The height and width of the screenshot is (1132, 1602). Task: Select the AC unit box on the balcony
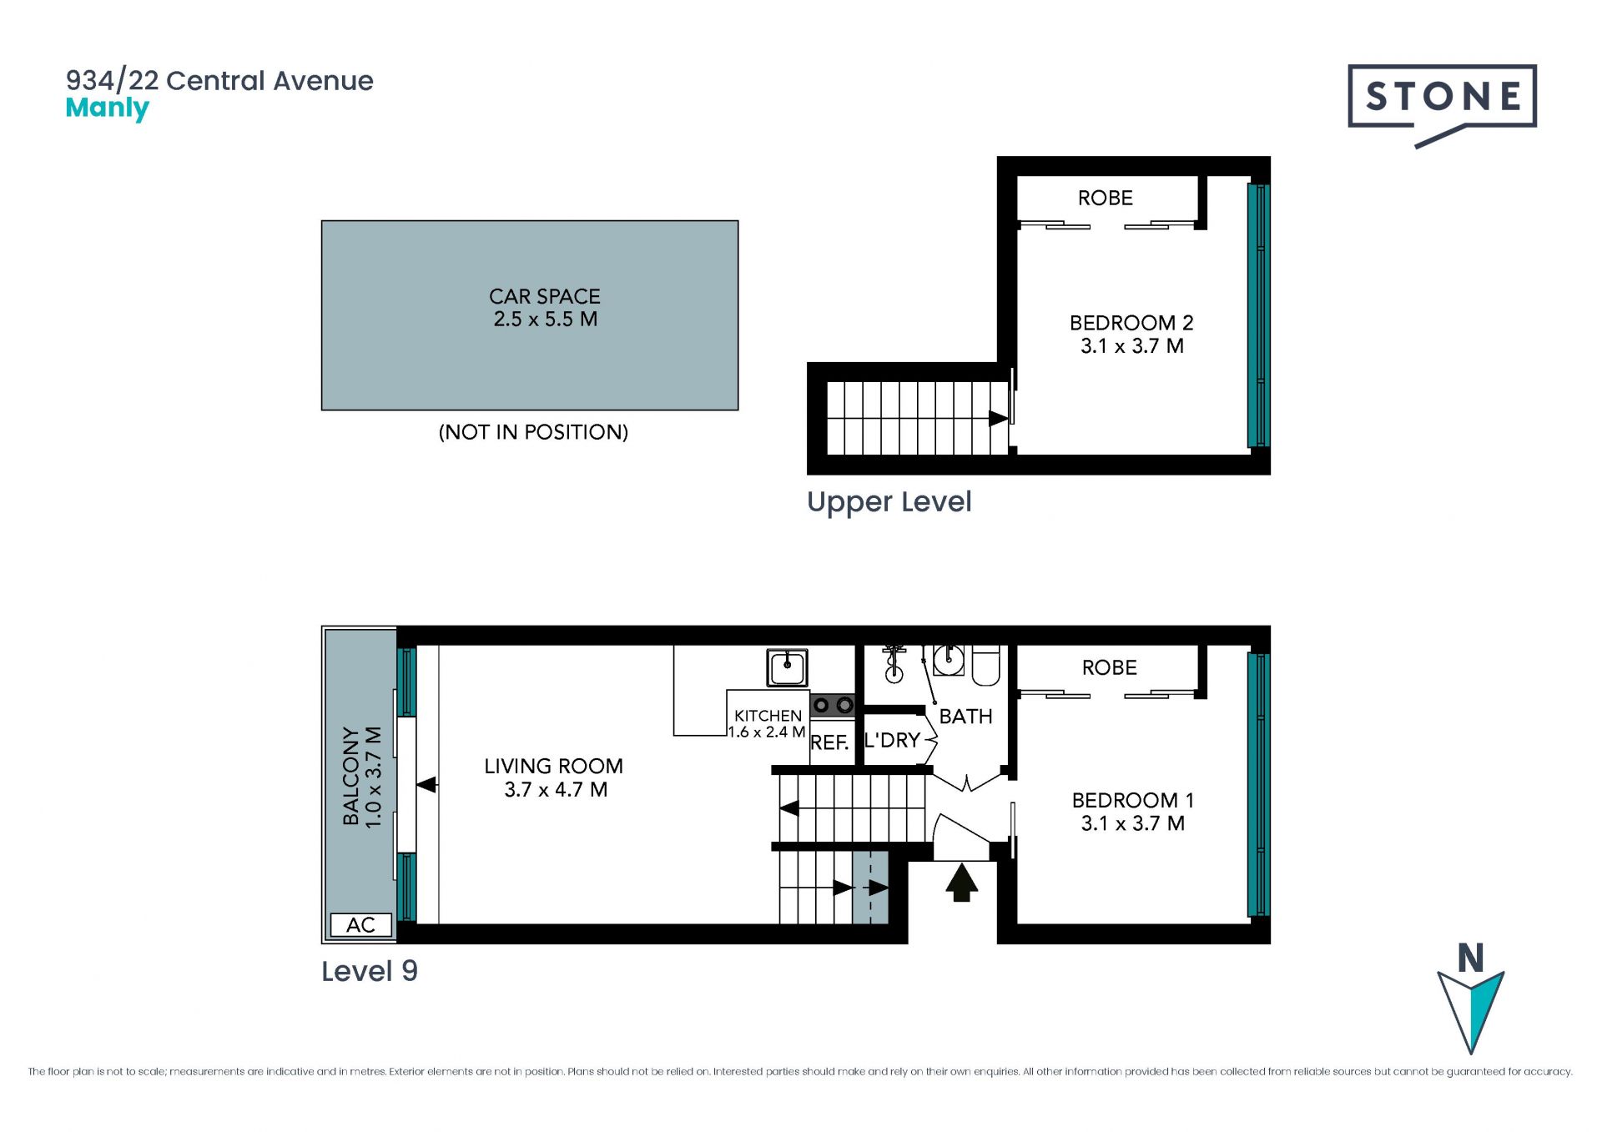[x=361, y=924]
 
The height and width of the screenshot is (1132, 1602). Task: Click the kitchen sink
[x=787, y=667]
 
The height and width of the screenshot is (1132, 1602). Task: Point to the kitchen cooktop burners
[x=833, y=706]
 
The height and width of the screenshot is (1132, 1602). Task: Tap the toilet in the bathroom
[x=985, y=665]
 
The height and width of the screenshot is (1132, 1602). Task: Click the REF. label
[x=829, y=742]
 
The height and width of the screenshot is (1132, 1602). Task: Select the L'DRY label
[x=892, y=740]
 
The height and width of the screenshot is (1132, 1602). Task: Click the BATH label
[x=965, y=717]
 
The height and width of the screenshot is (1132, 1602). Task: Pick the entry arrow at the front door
[x=961, y=883]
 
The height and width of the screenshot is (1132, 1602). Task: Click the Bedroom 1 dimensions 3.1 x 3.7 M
[x=1132, y=823]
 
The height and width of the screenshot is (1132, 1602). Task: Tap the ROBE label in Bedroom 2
[x=1106, y=198]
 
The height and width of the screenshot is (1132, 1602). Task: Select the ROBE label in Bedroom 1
[x=1110, y=667]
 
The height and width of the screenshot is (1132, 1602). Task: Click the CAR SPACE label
[x=545, y=296]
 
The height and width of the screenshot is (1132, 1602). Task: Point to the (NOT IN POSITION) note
[x=533, y=432]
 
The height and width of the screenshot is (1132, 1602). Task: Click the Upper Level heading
[x=889, y=502]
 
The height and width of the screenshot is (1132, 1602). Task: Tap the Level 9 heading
[x=370, y=971]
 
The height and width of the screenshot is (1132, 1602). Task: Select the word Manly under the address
[x=107, y=108]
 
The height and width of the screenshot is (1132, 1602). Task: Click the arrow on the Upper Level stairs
[x=998, y=418]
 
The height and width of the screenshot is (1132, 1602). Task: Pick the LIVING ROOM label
[x=553, y=766]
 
